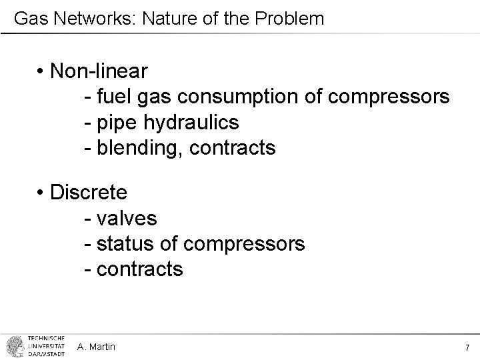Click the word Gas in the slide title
(x=27, y=19)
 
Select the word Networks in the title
(x=74, y=19)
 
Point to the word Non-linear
(x=99, y=71)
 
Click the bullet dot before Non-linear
(x=41, y=71)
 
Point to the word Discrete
(x=89, y=193)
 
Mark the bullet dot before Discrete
(x=41, y=193)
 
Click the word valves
(x=127, y=219)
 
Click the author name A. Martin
(x=96, y=347)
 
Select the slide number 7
(x=467, y=347)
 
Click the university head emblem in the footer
(x=14, y=346)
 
